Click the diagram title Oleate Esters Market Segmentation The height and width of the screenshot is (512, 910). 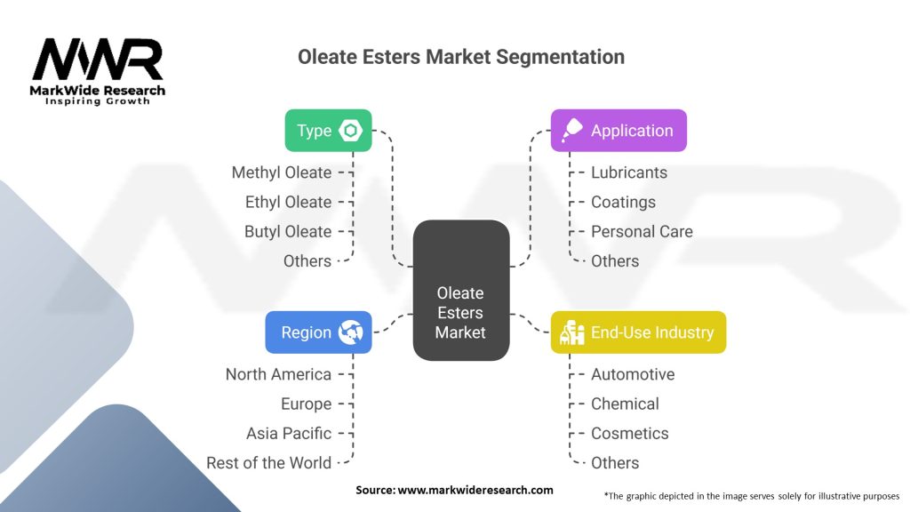pyautogui.click(x=460, y=57)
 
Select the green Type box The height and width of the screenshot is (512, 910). pyautogui.click(x=328, y=131)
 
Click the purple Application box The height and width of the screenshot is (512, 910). pyautogui.click(x=619, y=131)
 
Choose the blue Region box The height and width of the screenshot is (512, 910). pyautogui.click(x=318, y=332)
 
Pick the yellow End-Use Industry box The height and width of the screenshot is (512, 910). pyautogui.click(x=638, y=332)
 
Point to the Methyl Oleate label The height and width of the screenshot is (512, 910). pyautogui.click(x=282, y=172)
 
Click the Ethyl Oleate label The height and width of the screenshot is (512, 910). pyautogui.click(x=288, y=202)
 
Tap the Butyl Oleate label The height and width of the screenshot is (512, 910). pyautogui.click(x=288, y=231)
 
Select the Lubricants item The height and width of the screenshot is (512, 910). pyautogui.click(x=629, y=172)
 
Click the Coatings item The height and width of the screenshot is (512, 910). pyautogui.click(x=623, y=202)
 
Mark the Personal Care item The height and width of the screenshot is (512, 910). pyautogui.click(x=642, y=231)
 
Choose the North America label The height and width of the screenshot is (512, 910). pyautogui.click(x=278, y=374)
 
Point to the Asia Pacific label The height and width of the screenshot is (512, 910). pyautogui.click(x=289, y=433)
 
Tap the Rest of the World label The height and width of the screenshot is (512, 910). pyautogui.click(x=268, y=462)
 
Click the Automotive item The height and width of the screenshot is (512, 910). pyautogui.click(x=633, y=374)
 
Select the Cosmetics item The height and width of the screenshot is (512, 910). pyautogui.click(x=630, y=433)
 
